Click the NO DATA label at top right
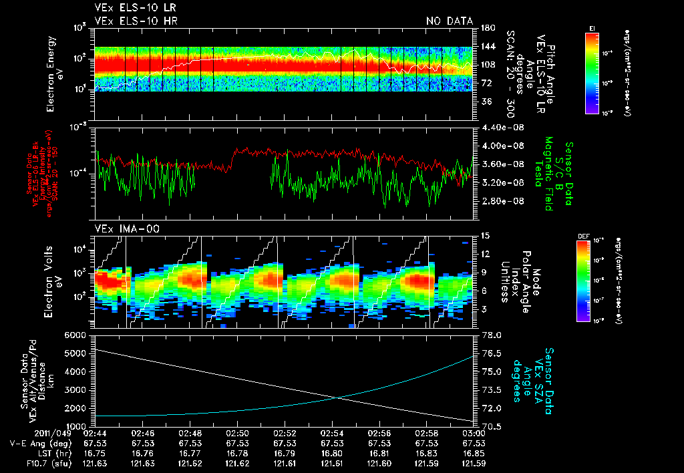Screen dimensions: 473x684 [x=450, y=21]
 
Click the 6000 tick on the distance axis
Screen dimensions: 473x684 [x=75, y=335]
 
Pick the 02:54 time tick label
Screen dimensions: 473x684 [x=333, y=433]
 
